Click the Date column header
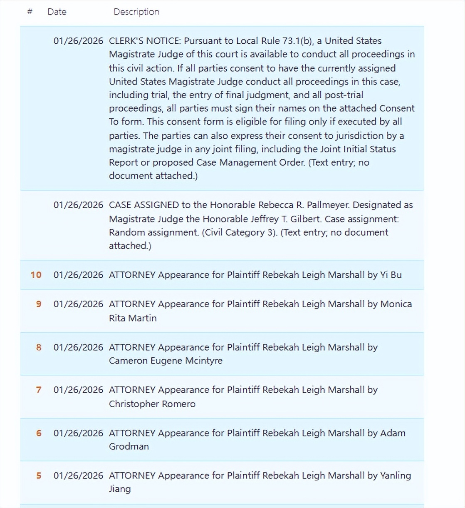click(57, 12)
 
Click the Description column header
click(136, 12)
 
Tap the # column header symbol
click(30, 12)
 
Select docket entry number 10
click(36, 275)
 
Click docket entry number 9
click(39, 304)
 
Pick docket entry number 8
click(39, 347)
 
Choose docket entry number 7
click(39, 390)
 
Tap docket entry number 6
click(39, 433)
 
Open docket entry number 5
click(39, 476)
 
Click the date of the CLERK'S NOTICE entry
click(78, 41)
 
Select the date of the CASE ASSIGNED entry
click(78, 205)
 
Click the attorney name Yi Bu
click(391, 275)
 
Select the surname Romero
click(178, 404)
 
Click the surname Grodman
click(129, 446)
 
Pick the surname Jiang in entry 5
click(120, 489)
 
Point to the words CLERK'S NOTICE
click(145, 41)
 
